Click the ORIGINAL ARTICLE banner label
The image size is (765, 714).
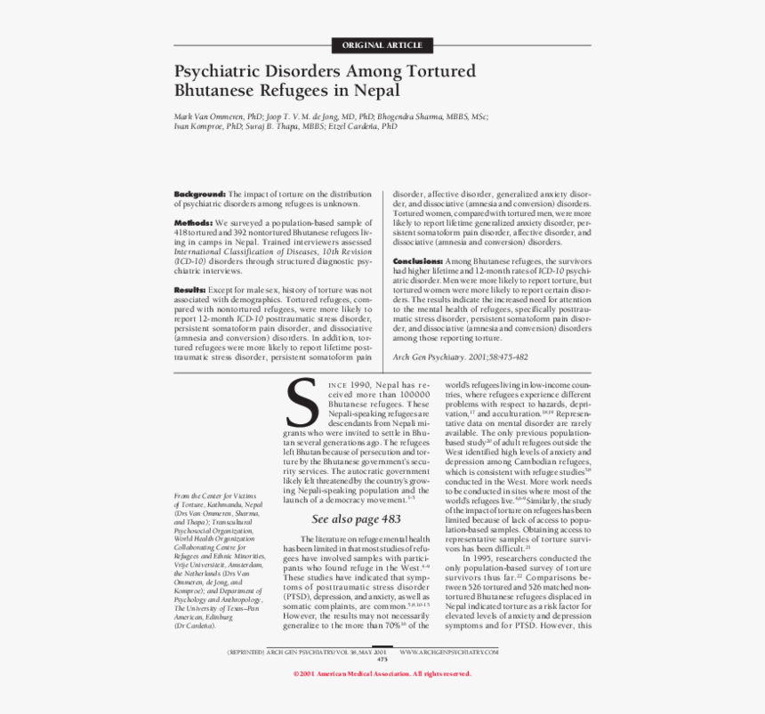point(382,45)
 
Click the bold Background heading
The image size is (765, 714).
point(199,193)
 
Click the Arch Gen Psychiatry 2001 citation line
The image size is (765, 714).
point(460,357)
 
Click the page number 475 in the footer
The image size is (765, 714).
point(382,659)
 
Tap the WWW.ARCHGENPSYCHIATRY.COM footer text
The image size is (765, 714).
point(448,651)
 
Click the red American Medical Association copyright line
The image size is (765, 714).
point(382,673)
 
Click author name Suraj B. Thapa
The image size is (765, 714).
point(285,126)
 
